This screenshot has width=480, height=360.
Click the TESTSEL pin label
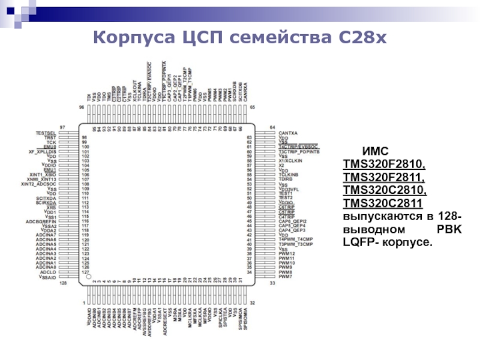pyautogui.click(x=46, y=133)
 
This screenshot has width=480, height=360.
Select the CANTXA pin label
pyautogui.click(x=288, y=133)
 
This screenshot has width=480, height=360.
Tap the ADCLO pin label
pyautogui.click(x=47, y=272)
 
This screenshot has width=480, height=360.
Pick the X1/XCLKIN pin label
pyautogui.click(x=290, y=161)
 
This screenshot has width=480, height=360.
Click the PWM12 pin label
pyautogui.click(x=287, y=254)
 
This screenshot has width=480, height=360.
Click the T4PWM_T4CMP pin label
pyautogui.click(x=296, y=239)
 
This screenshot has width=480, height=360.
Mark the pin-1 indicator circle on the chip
pyautogui.click(x=88, y=277)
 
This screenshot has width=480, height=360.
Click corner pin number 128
pyautogui.click(x=63, y=283)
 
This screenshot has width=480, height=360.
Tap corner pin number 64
pyautogui.click(x=271, y=127)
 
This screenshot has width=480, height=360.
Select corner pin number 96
pyautogui.click(x=82, y=107)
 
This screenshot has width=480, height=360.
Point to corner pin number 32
pyautogui.click(x=252, y=302)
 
